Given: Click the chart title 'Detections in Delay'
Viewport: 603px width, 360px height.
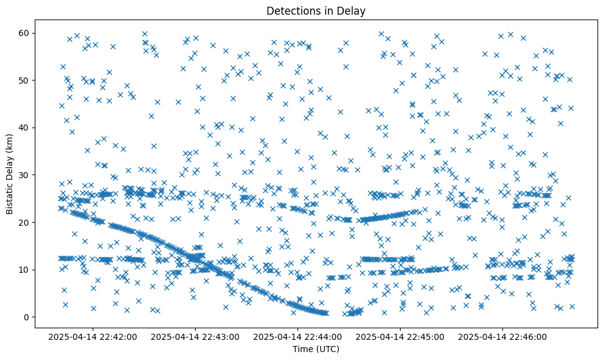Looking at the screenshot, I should point(316,10).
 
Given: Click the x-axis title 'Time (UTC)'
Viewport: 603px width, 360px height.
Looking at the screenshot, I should point(316,350).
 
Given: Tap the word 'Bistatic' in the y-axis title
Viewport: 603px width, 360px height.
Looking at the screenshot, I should point(10,197).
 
